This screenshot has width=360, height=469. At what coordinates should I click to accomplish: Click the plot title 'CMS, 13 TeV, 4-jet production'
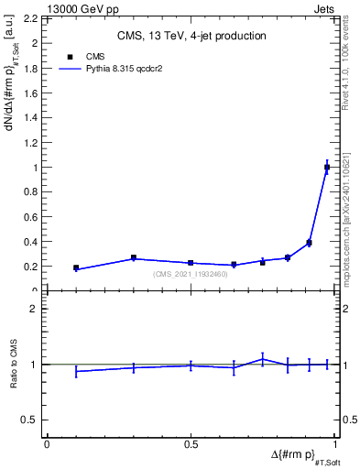click(191, 37)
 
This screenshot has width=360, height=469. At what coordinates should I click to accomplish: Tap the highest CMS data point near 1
click(327, 167)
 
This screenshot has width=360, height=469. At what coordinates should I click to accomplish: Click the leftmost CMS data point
click(76, 268)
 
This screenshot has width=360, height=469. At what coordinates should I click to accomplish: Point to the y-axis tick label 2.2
click(31, 18)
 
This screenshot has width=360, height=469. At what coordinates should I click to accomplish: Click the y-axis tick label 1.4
click(31, 118)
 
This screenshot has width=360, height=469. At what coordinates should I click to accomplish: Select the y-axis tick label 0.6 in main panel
click(31, 217)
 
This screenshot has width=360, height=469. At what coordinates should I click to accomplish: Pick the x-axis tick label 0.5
click(191, 444)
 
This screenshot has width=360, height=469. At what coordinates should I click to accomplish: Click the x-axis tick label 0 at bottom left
click(47, 444)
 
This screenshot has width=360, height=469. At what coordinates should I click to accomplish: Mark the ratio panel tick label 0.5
click(31, 420)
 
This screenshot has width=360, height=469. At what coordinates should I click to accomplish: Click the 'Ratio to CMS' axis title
click(15, 364)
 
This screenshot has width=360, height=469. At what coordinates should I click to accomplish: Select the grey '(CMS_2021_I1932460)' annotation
click(191, 273)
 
